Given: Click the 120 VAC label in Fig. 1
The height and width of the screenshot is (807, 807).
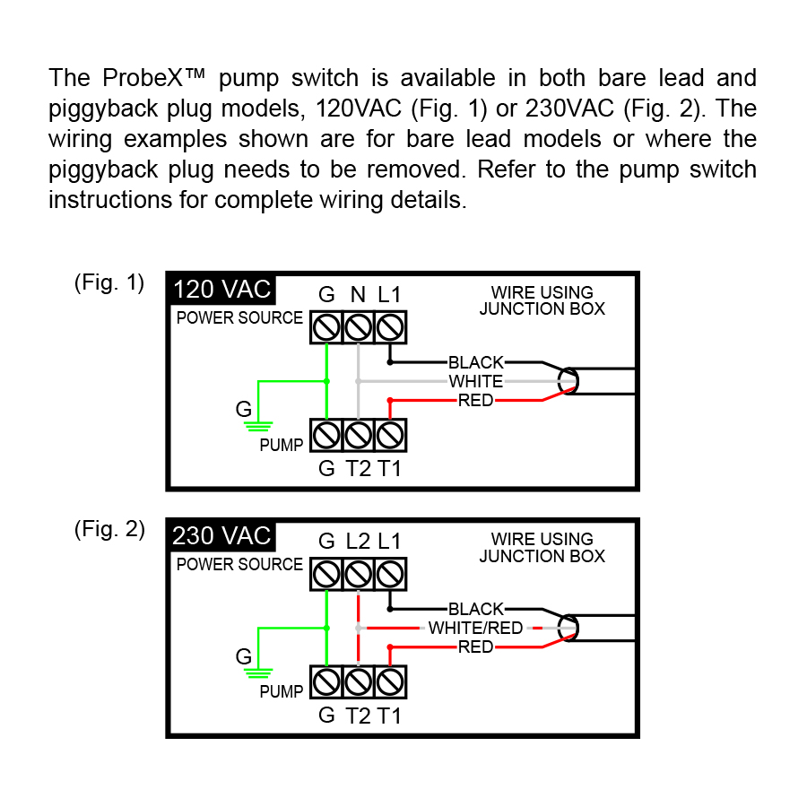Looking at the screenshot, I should click(221, 290).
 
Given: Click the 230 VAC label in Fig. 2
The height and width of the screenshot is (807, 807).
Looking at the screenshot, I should click(221, 536).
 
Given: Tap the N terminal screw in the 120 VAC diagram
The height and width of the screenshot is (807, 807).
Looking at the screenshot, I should click(358, 327).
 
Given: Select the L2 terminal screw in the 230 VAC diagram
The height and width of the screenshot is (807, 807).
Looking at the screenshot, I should click(358, 574).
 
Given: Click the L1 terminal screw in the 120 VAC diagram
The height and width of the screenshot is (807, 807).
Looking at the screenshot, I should click(389, 327).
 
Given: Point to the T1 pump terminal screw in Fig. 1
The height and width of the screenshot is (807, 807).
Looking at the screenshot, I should click(389, 436).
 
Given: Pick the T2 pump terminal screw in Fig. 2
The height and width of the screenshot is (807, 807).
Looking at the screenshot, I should click(358, 682).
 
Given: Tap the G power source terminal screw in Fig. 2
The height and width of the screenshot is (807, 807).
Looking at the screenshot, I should click(326, 574).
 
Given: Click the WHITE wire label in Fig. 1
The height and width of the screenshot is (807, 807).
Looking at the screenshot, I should click(476, 381).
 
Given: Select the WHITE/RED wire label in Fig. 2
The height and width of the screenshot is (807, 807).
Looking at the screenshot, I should click(475, 628).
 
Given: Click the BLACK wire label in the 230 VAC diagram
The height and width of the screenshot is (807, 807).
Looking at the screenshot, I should click(476, 610).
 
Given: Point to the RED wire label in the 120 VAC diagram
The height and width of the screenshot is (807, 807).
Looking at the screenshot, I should click(476, 400).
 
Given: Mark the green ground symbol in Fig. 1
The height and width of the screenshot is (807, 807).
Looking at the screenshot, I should click(258, 422).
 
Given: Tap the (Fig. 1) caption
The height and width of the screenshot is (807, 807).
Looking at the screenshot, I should click(108, 283).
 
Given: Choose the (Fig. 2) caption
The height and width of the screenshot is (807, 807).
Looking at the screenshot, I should click(108, 529).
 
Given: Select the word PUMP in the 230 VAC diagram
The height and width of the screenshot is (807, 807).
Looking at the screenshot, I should click(282, 692).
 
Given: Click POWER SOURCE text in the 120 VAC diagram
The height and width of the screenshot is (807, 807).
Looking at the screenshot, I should click(239, 318).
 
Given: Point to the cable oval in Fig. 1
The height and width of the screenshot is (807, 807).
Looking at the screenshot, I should click(567, 381).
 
